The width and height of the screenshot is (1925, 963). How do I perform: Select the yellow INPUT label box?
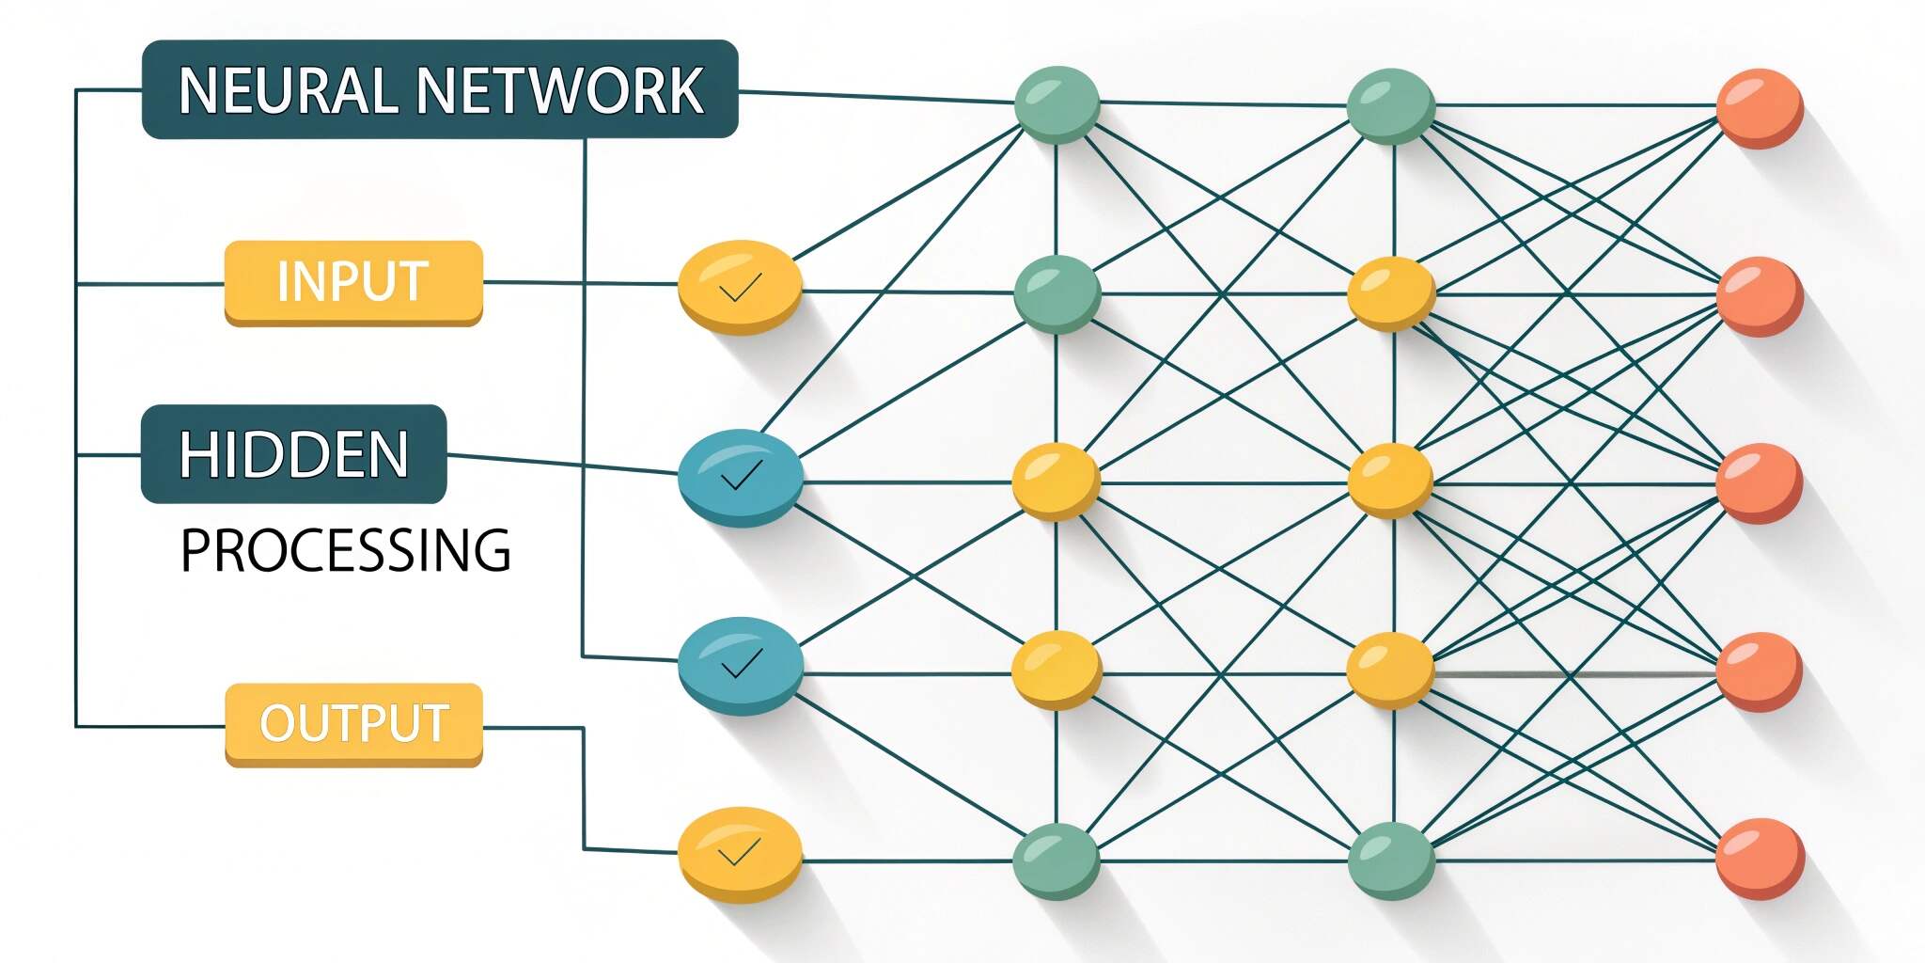[353, 282]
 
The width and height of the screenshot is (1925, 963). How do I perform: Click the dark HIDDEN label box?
[293, 454]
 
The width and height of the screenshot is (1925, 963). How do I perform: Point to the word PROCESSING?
[345, 551]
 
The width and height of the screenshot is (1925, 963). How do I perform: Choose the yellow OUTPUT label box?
[353, 724]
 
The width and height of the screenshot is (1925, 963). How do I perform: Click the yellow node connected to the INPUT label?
[740, 286]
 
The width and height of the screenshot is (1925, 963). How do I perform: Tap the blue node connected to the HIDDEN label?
[740, 477]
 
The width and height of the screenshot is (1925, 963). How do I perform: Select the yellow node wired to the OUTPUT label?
[740, 854]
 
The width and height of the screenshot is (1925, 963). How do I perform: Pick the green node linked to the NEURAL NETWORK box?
[1057, 103]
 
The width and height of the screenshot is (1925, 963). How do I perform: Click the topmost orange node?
[1759, 107]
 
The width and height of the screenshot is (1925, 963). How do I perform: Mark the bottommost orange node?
[1760, 859]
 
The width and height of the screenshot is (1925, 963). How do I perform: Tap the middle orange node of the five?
[1759, 482]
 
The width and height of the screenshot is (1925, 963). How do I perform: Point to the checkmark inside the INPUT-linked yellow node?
[740, 287]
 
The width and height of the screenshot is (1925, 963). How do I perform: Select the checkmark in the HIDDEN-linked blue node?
[741, 476]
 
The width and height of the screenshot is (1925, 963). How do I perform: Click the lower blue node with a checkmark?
[740, 665]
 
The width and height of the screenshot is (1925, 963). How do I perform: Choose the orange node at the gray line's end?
[1759, 671]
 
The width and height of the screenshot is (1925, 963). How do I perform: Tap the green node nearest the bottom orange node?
[1390, 860]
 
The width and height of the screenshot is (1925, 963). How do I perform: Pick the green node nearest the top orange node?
[1390, 105]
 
